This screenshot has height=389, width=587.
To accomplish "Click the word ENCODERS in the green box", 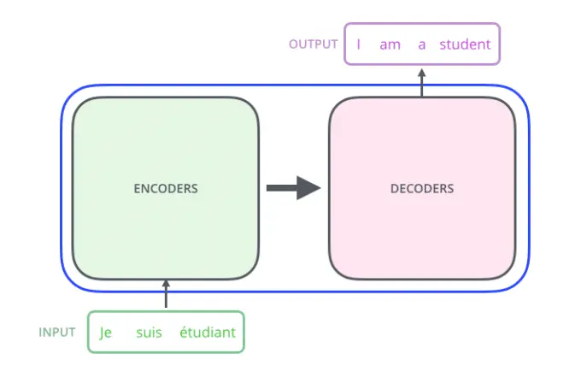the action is point(166,188).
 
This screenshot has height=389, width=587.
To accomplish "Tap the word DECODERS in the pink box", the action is point(422,188).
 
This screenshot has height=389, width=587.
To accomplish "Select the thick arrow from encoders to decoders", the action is point(294,188).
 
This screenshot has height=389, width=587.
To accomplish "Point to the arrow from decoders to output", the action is point(422,82).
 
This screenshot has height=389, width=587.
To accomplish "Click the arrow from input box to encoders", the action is point(166,293).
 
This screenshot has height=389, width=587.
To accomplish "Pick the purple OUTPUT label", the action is point(314,44).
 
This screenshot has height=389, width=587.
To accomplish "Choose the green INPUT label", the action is point(57,333).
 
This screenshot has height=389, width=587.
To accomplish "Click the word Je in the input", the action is point(106,333).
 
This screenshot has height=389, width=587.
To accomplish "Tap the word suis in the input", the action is point(149,333).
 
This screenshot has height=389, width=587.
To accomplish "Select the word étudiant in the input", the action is point(208,332).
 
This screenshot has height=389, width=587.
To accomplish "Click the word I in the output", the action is point(359,44).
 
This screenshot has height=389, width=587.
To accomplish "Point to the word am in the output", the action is point(390,45).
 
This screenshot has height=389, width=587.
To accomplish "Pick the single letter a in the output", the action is point(422,45).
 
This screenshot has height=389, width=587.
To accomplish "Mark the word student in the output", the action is point(465,44).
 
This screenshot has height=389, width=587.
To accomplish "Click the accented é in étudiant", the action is point(184,332).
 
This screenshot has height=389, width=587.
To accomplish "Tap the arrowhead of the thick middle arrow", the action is point(308,188).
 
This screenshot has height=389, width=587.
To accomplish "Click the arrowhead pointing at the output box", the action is point(422,73).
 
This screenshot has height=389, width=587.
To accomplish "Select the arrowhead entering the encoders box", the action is point(166,284).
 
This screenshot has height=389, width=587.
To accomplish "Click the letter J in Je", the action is point(102,333).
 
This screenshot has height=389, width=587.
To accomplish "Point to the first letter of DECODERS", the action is point(394,188).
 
